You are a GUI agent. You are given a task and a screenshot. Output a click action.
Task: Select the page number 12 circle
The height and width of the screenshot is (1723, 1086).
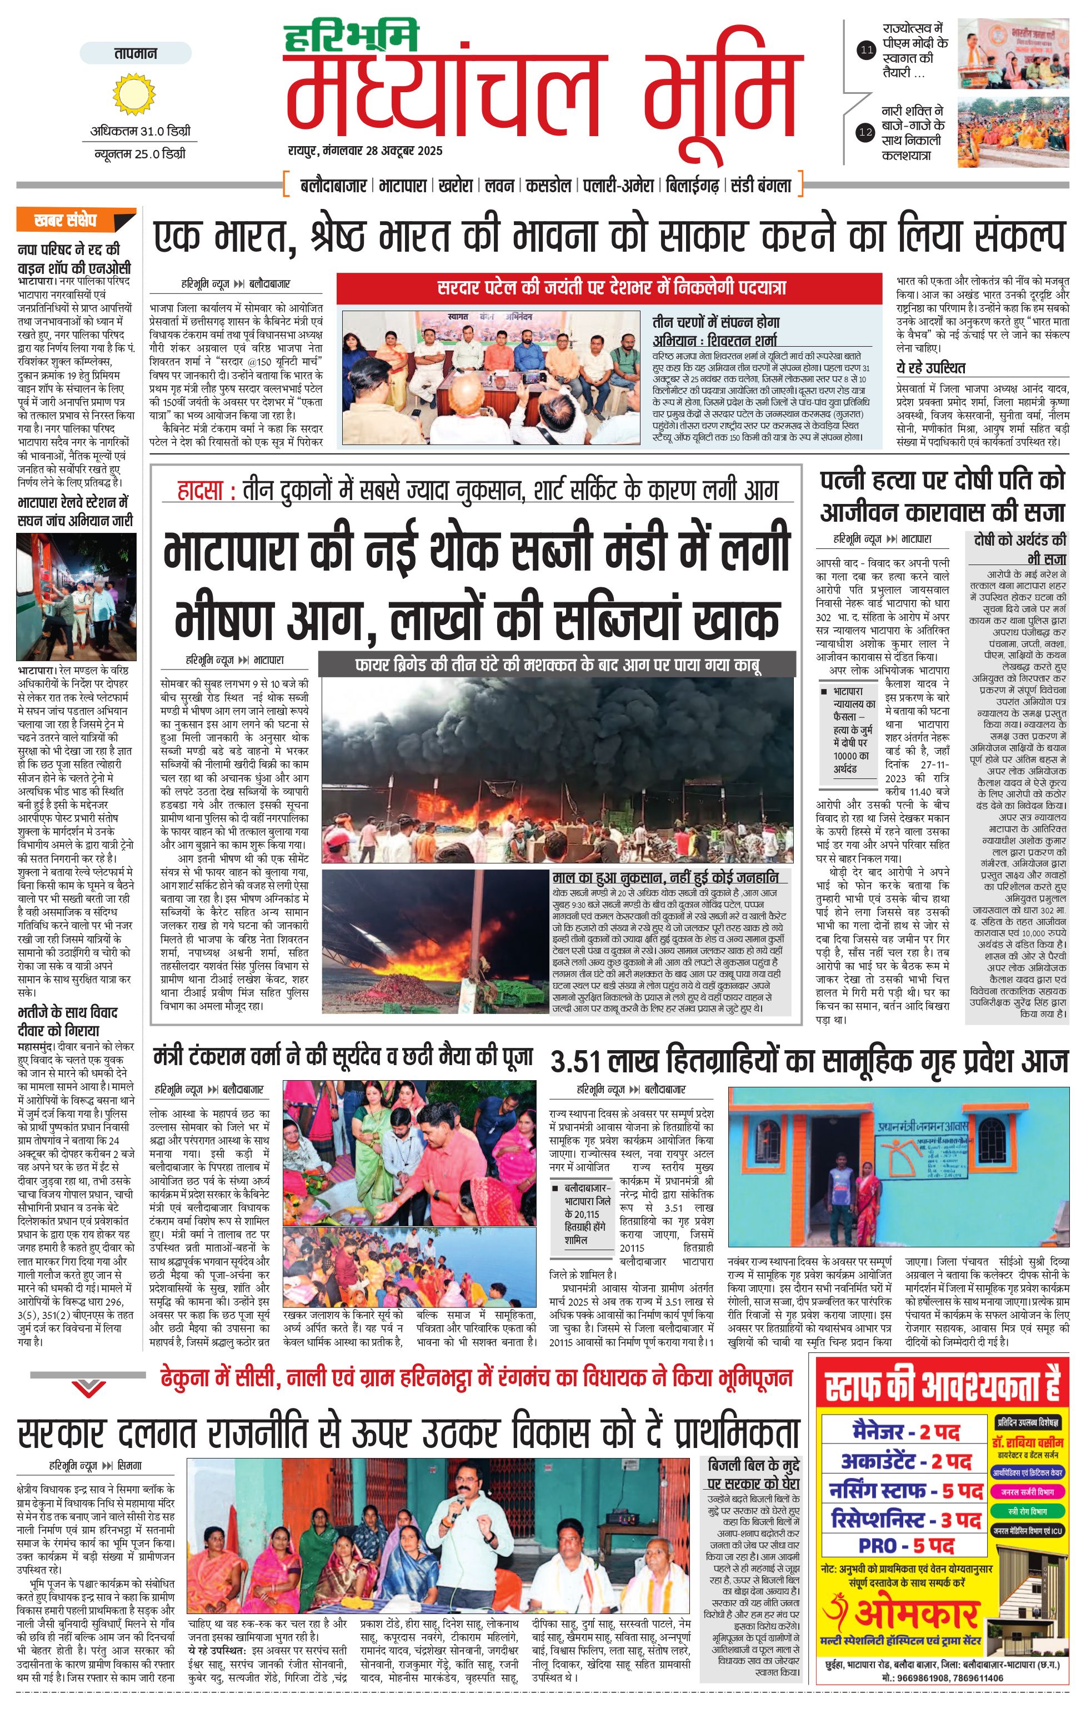(867, 132)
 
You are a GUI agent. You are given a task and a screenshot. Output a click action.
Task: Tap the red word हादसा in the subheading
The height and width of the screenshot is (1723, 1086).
(206, 491)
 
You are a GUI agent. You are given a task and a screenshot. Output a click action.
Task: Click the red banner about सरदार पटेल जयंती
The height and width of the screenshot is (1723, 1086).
(612, 288)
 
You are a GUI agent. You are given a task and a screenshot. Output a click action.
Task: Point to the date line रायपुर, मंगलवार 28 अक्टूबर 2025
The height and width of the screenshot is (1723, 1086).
(366, 151)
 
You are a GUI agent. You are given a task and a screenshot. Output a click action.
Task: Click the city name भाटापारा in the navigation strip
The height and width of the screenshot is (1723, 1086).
(403, 186)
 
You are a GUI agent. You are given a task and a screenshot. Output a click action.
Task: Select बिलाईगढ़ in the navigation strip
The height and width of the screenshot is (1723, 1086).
(692, 186)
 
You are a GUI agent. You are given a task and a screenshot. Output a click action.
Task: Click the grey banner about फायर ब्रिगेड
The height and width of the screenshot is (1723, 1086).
(557, 665)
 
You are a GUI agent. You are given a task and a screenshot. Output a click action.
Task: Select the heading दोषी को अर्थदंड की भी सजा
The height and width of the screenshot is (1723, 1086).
(1019, 549)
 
